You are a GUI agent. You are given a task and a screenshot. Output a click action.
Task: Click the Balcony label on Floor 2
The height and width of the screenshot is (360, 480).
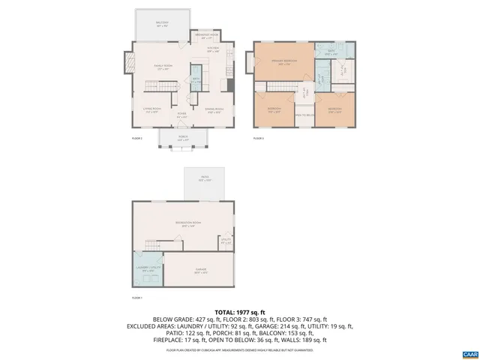click(x=162, y=23)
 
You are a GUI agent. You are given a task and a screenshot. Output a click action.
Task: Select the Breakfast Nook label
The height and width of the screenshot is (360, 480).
click(x=206, y=36)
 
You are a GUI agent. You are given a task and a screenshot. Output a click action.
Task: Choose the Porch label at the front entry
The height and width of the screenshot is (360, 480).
click(x=182, y=139)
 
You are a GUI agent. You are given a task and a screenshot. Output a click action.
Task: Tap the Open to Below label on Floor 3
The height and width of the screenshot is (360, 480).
click(x=304, y=115)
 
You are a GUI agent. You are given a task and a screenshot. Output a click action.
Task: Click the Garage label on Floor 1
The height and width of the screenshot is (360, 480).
click(x=200, y=271)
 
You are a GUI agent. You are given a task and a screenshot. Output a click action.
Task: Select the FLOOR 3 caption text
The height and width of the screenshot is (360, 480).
click(x=258, y=139)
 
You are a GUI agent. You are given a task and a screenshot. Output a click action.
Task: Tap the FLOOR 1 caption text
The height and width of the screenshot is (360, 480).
click(x=136, y=298)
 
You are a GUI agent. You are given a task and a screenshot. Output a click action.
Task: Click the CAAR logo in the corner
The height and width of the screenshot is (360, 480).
click(x=469, y=352)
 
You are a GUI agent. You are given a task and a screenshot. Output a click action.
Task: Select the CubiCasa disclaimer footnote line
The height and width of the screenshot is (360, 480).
click(x=240, y=349)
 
